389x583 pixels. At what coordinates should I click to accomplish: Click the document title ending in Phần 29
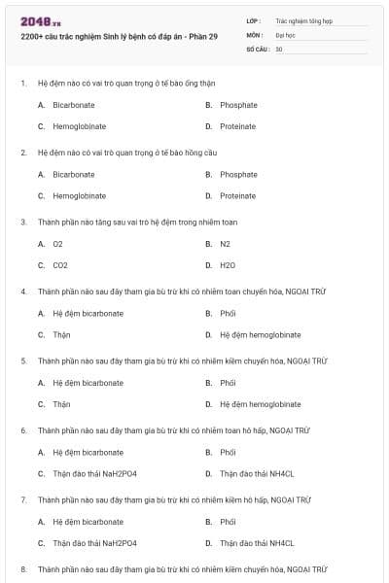(119, 36)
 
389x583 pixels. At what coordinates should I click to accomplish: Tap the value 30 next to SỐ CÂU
(279, 48)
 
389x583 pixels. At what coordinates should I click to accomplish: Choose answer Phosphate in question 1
(238, 105)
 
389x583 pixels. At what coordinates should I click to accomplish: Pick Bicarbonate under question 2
(74, 175)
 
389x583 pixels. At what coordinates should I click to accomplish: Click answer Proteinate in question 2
(237, 195)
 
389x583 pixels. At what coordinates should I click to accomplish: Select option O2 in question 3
(58, 244)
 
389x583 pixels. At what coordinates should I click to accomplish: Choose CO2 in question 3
(60, 264)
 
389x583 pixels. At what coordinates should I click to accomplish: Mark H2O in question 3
(228, 264)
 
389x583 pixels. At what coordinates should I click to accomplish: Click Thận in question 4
(61, 334)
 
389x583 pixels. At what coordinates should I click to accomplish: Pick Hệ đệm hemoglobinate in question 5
(260, 403)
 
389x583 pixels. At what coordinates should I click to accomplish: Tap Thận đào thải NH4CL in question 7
(256, 543)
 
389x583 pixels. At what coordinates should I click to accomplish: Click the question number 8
(24, 568)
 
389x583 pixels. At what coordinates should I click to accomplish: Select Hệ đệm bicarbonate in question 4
(88, 314)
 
